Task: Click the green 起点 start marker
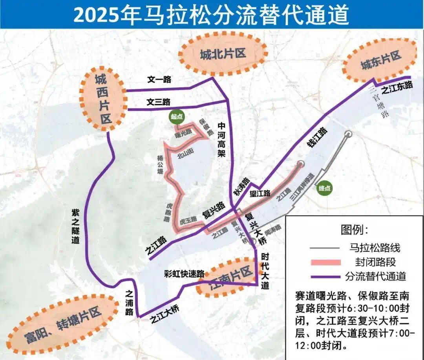coord(177,116)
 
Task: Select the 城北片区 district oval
coord(223,54)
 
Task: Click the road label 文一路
coord(159,80)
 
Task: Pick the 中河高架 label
coord(222,140)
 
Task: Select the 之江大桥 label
coord(165,315)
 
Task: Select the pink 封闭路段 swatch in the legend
coord(324,262)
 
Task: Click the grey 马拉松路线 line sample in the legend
coord(324,248)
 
